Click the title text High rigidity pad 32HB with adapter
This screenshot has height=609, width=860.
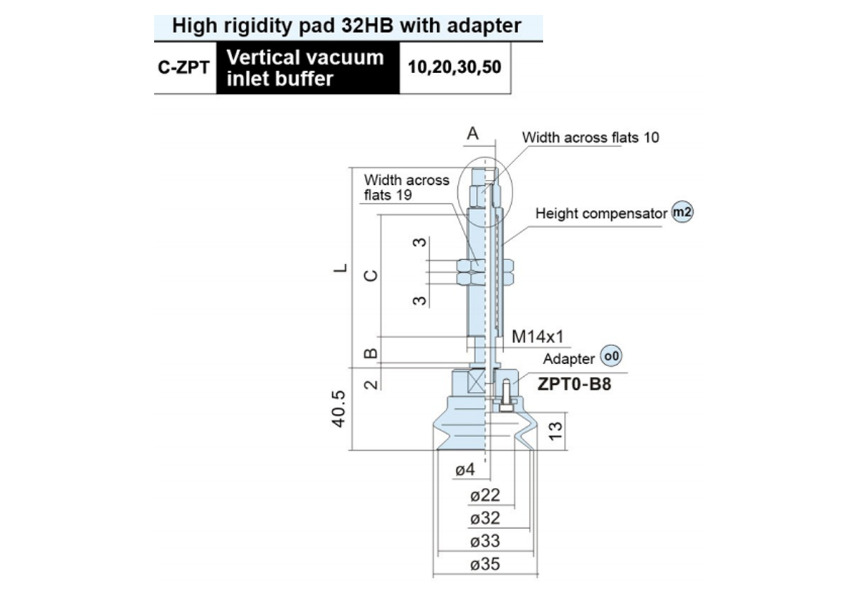tap(347, 26)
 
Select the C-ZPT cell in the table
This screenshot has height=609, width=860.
tap(184, 67)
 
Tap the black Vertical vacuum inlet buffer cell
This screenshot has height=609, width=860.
tap(308, 68)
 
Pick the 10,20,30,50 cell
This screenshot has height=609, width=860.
tap(455, 67)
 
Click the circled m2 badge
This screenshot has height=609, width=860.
tap(682, 211)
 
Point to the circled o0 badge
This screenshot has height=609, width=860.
tap(611, 356)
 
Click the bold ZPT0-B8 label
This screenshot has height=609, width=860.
tap(574, 384)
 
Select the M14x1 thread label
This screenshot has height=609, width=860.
tap(537, 337)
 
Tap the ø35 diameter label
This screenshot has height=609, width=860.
tap(485, 564)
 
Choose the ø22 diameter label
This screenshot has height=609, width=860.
tap(485, 495)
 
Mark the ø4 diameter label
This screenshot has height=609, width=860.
tap(465, 469)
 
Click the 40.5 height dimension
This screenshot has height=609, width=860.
tap(338, 409)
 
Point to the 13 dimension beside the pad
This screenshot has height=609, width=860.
tap(555, 431)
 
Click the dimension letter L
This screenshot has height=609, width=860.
tap(340, 268)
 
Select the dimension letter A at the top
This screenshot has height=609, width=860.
tap(472, 133)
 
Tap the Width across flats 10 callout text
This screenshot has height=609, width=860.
tap(591, 138)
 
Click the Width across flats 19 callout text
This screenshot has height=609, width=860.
tap(406, 187)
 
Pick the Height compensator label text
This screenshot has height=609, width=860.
tap(601, 214)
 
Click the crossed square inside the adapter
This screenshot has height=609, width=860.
tap(476, 385)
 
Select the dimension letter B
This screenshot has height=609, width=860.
tap(371, 353)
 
